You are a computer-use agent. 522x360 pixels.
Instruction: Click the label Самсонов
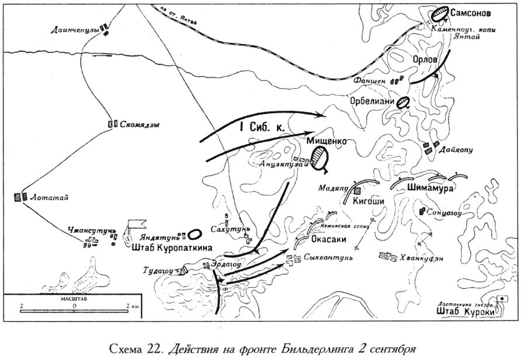click(x=471, y=12)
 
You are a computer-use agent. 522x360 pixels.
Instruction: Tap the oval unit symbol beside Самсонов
click(x=439, y=13)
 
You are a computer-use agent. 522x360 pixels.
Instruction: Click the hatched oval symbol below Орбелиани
click(x=402, y=103)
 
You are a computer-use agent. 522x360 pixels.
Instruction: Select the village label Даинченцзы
click(x=74, y=29)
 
